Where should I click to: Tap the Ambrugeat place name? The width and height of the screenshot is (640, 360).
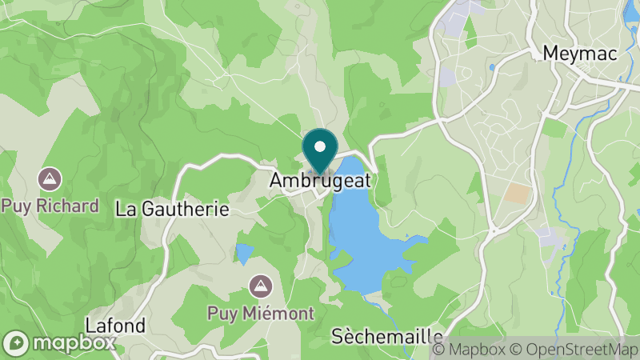[320, 181]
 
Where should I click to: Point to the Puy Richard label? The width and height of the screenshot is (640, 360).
[50, 206]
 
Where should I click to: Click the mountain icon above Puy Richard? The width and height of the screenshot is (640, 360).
[50, 178]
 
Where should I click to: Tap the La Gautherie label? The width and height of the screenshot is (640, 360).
[173, 210]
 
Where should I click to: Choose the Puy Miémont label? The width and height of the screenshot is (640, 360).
[260, 313]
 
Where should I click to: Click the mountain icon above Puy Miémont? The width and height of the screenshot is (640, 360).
[259, 285]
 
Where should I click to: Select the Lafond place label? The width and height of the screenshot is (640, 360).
[116, 326]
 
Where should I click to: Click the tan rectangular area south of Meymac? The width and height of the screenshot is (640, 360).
[518, 194]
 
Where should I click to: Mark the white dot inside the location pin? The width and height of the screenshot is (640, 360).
[320, 146]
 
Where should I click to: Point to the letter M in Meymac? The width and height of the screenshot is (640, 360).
[550, 53]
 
